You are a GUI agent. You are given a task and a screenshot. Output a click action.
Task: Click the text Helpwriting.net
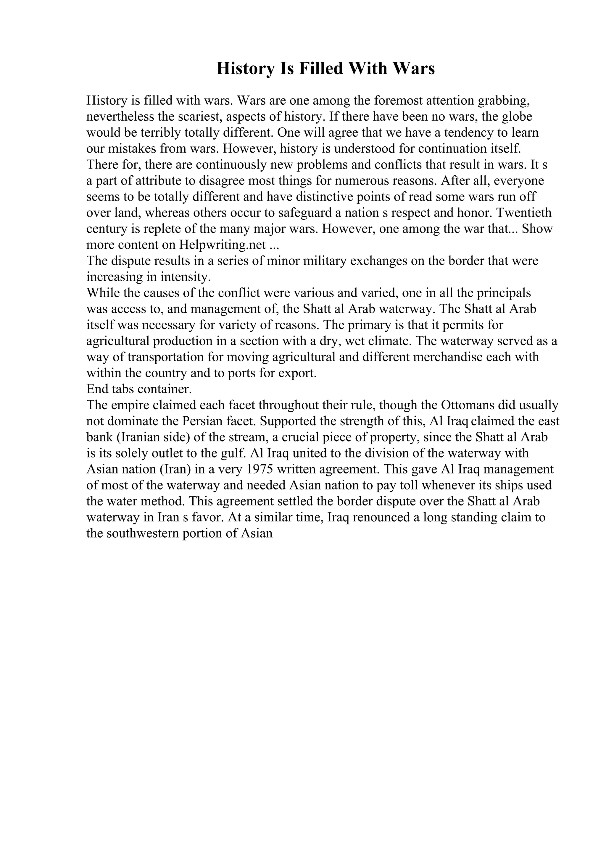click(x=222, y=245)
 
